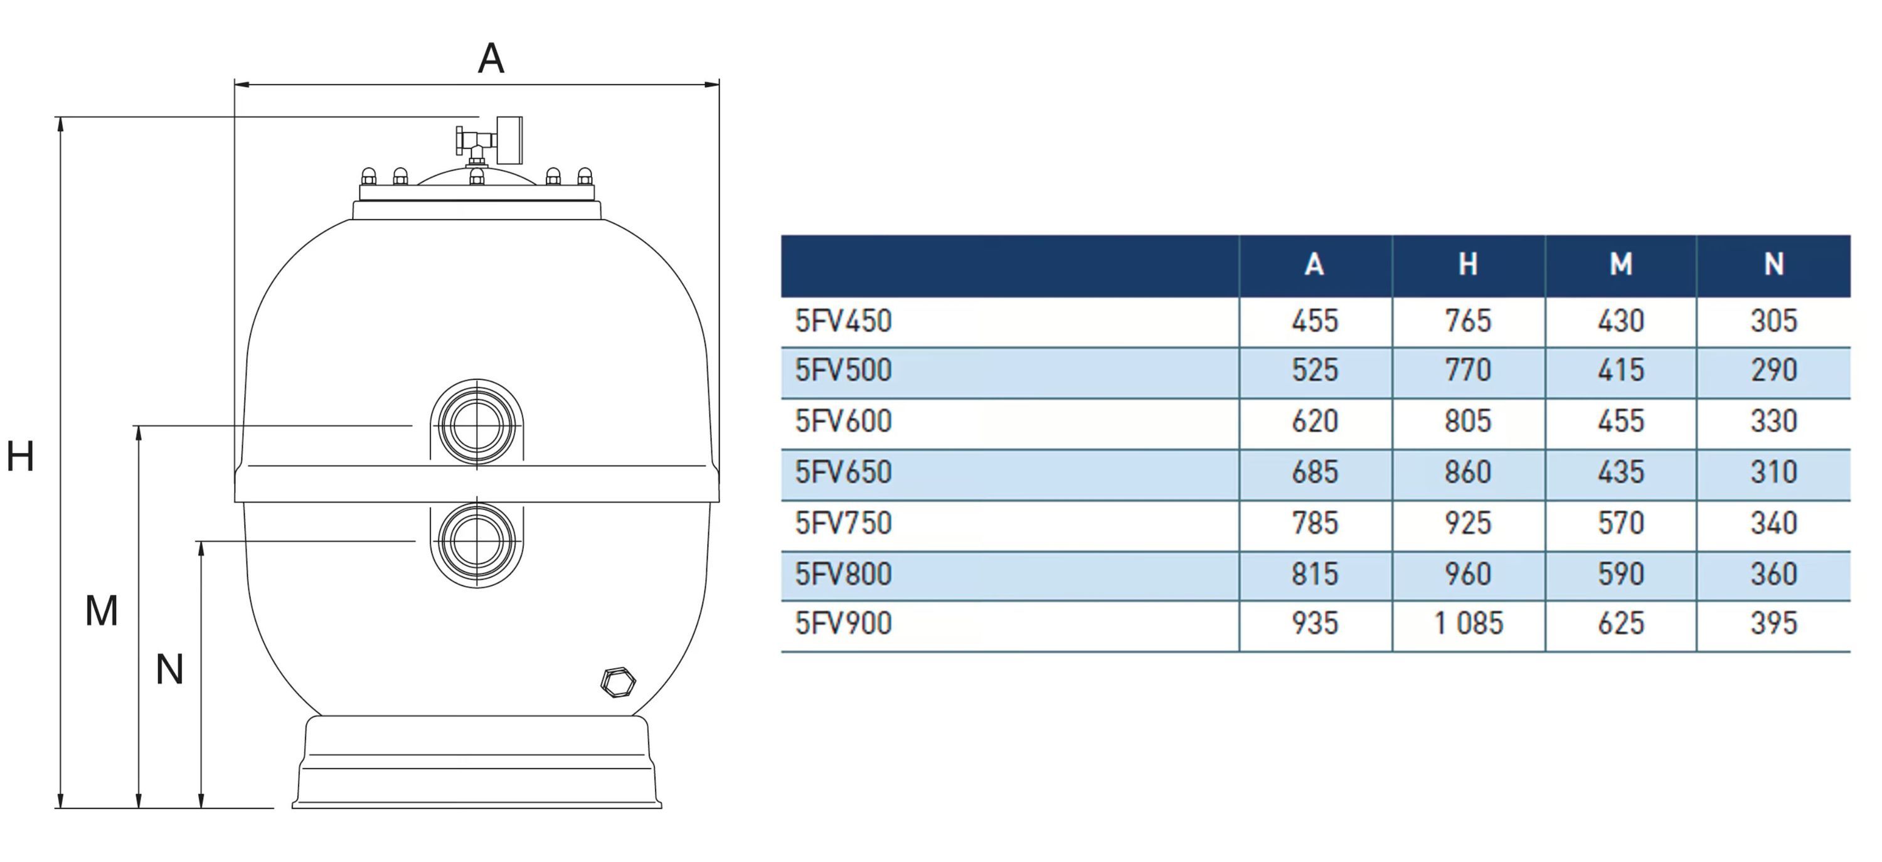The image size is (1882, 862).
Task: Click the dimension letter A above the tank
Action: coord(491,58)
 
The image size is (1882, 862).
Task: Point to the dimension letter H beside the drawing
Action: coord(21,457)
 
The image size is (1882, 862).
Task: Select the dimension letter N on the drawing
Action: coord(169,669)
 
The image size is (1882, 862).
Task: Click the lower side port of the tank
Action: coord(477,541)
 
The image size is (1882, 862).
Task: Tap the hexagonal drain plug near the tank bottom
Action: coord(617,683)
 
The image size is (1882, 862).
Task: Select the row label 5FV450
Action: coord(843,321)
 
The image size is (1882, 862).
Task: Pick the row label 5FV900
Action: coord(843,624)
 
